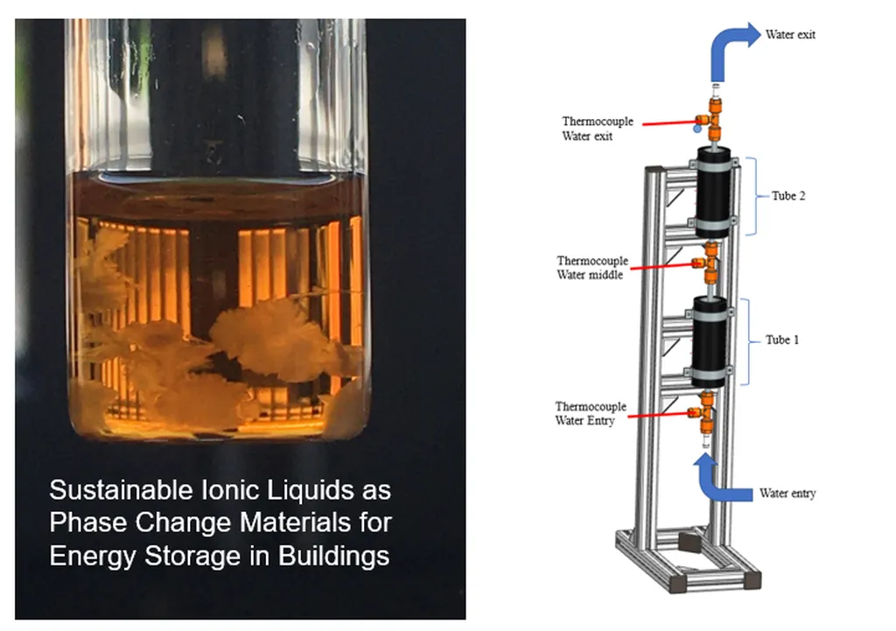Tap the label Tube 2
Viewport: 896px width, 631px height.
(x=788, y=196)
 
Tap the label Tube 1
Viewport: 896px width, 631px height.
(x=782, y=340)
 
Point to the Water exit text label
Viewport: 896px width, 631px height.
(x=790, y=35)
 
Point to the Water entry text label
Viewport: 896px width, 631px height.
(x=787, y=494)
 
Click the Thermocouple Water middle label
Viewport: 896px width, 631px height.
(x=591, y=268)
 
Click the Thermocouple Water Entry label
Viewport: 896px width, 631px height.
(x=591, y=414)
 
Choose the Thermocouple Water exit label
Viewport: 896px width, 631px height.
(x=598, y=129)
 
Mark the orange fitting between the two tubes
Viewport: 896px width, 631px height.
(x=708, y=262)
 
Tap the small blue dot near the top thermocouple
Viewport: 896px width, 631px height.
(x=696, y=129)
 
